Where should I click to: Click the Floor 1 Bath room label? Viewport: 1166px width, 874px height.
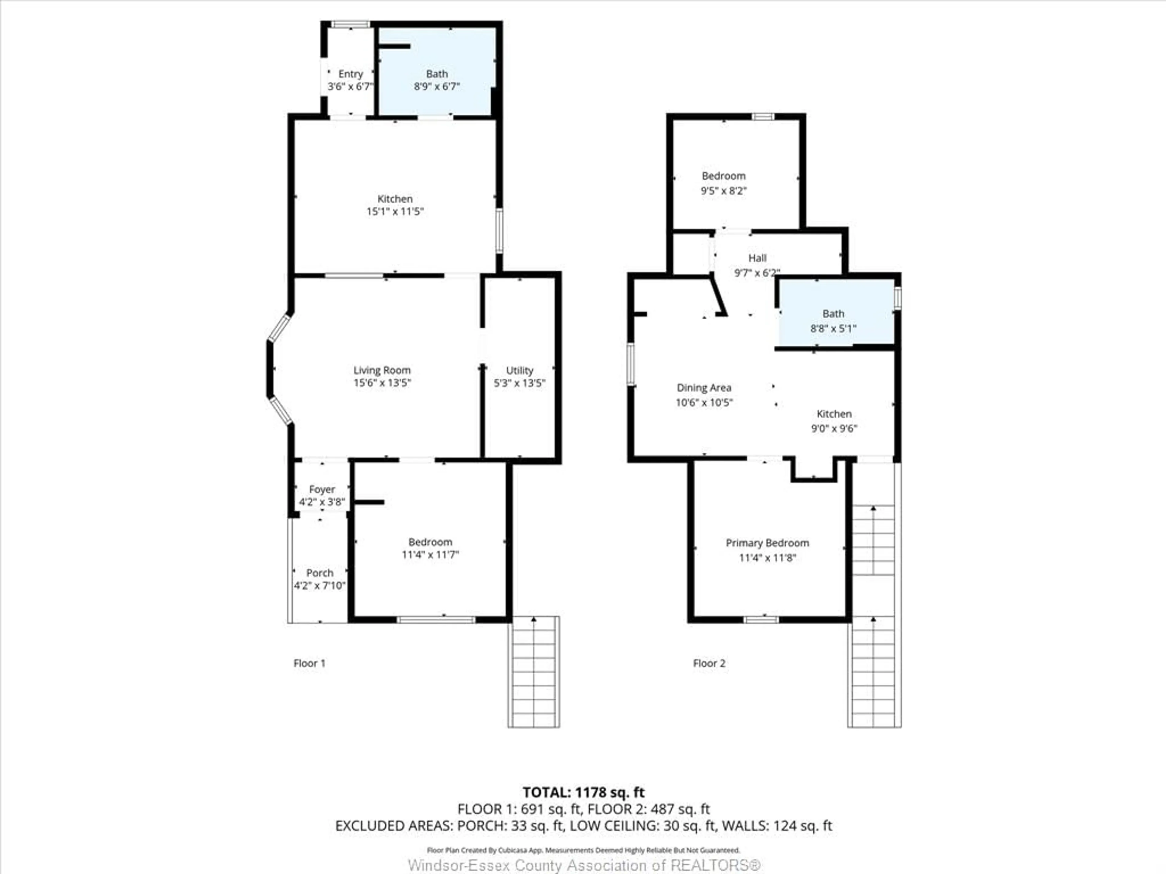[x=437, y=74]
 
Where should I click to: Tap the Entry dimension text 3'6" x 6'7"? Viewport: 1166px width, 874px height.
[x=350, y=86]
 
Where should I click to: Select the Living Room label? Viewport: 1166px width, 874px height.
[x=382, y=370]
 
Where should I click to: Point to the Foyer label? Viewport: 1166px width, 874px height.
[x=322, y=490]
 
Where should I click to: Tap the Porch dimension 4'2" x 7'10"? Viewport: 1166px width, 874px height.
[x=319, y=585]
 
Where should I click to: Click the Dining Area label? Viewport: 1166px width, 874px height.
[x=704, y=388]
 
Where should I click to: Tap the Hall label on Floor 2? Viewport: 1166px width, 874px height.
[x=758, y=258]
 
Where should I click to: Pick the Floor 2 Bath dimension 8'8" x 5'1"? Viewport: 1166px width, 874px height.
[x=833, y=328]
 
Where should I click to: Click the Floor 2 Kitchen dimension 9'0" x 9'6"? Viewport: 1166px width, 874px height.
[x=834, y=428]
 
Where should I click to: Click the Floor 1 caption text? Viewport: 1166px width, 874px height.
[x=309, y=663]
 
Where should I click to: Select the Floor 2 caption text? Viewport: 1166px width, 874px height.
[x=709, y=663]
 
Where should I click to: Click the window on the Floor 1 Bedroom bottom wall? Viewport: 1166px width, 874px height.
[x=436, y=620]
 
